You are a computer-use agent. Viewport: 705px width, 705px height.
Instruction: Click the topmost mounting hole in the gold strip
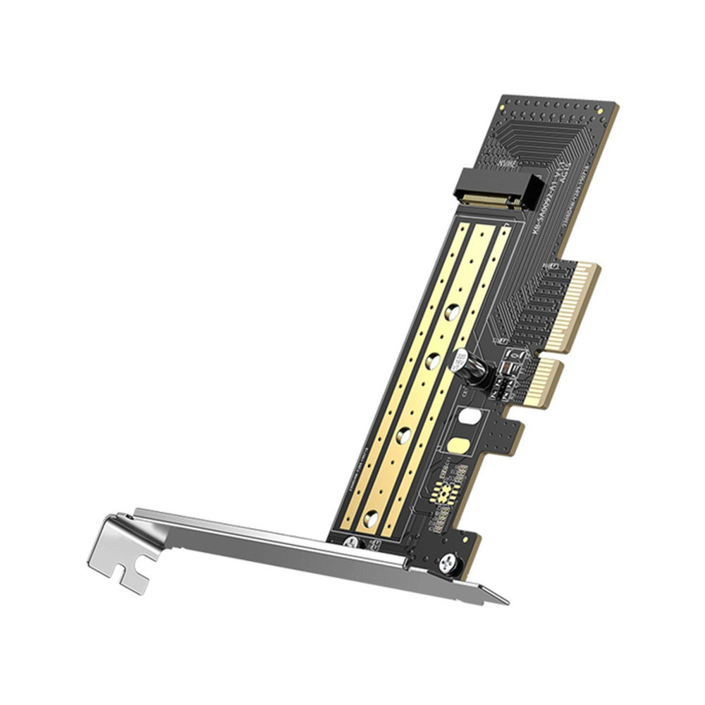click(452, 310)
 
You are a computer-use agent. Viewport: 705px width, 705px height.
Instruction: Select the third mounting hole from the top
click(405, 433)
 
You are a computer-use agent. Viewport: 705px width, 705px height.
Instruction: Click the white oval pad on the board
click(468, 417)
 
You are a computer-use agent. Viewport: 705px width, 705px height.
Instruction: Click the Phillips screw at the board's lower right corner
click(447, 563)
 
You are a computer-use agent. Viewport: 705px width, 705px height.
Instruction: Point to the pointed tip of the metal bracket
click(502, 601)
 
